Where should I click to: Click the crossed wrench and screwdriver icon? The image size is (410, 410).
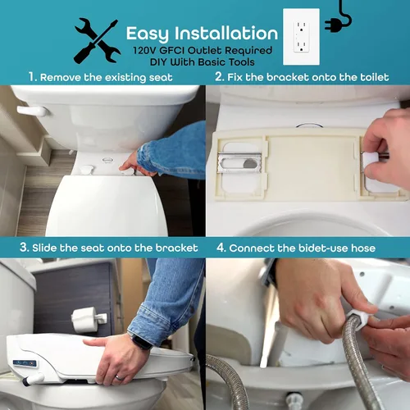click(x=97, y=40)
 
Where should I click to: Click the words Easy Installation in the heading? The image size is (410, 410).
click(x=201, y=34)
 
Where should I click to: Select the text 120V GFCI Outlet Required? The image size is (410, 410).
click(x=201, y=49)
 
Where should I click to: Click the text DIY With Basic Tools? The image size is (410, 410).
click(x=201, y=61)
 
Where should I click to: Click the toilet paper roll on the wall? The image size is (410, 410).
click(x=85, y=320)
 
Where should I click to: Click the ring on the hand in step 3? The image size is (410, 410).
click(x=116, y=376)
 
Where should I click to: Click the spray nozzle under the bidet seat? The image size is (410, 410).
click(x=34, y=380)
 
